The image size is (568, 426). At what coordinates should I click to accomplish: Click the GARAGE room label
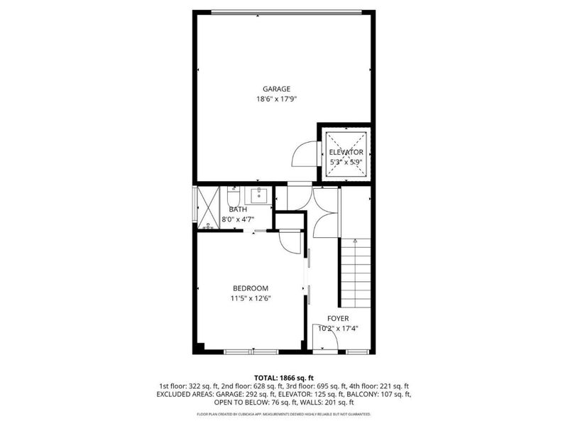point(276,89)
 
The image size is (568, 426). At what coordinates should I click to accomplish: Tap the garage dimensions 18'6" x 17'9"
point(276,99)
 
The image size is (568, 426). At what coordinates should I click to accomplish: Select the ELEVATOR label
point(346,152)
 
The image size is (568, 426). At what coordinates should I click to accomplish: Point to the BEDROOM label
point(251,288)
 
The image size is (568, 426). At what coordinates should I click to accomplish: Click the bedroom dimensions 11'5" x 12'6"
point(251,298)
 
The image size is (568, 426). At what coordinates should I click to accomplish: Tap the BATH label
point(238,209)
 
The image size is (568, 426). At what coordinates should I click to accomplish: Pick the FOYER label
point(338,319)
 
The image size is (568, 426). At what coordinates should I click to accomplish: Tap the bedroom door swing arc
point(290,243)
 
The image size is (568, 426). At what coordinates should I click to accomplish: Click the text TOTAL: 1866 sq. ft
point(284,377)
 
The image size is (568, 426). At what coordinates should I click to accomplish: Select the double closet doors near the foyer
point(326,213)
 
